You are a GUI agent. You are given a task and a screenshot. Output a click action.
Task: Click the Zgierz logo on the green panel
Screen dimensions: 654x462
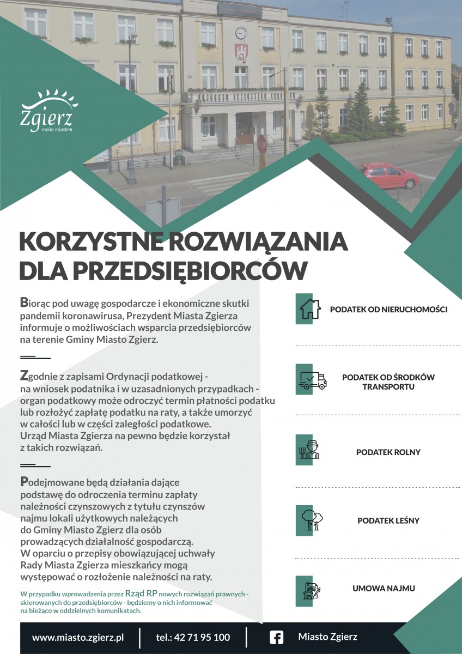pos(46,112)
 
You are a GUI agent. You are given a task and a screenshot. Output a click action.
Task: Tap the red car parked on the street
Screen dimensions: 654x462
pos(388,176)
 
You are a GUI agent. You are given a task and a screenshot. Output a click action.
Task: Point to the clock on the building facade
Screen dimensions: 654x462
pos(241,34)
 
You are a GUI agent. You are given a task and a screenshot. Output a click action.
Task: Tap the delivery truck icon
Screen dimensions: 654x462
pos(312,380)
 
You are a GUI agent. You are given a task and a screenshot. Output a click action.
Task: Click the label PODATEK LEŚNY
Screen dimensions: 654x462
pos(388,520)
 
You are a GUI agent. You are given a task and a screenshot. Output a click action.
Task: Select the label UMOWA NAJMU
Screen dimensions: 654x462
pos(384,589)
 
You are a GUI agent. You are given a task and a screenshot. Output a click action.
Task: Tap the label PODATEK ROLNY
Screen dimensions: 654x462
pos(388,452)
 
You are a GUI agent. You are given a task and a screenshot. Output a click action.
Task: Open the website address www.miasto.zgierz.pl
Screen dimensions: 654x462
pos(78,637)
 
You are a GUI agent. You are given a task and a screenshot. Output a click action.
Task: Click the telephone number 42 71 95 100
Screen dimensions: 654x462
pos(193,637)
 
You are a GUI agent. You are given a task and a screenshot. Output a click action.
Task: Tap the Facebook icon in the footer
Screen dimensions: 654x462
pos(277,637)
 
